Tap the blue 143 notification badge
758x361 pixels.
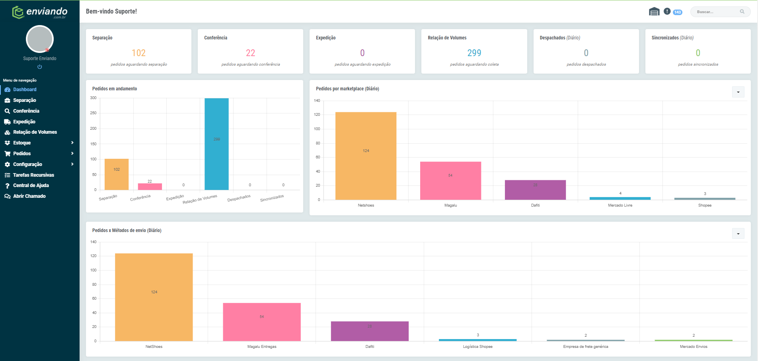(678, 12)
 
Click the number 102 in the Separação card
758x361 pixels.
(138, 53)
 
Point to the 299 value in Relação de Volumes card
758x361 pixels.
(474, 53)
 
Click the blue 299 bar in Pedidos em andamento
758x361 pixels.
(216, 144)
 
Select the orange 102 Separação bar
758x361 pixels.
(117, 174)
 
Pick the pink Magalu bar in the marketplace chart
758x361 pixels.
(450, 181)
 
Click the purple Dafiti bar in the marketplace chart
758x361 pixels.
(535, 190)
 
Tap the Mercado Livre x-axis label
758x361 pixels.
(620, 205)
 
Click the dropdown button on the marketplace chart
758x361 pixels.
(738, 92)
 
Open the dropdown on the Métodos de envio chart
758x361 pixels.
(738, 234)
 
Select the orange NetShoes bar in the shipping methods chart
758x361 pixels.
(154, 297)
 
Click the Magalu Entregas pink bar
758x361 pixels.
(262, 322)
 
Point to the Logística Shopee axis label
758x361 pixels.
(477, 347)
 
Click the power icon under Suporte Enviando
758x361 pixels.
(40, 67)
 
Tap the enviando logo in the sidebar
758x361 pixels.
(40, 12)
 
